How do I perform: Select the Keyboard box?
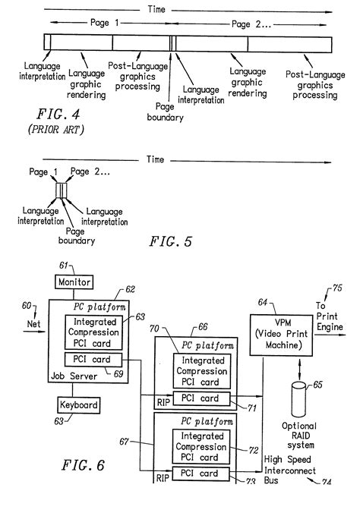pyautogui.click(x=78, y=405)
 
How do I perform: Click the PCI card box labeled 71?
pyautogui.click(x=197, y=398)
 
